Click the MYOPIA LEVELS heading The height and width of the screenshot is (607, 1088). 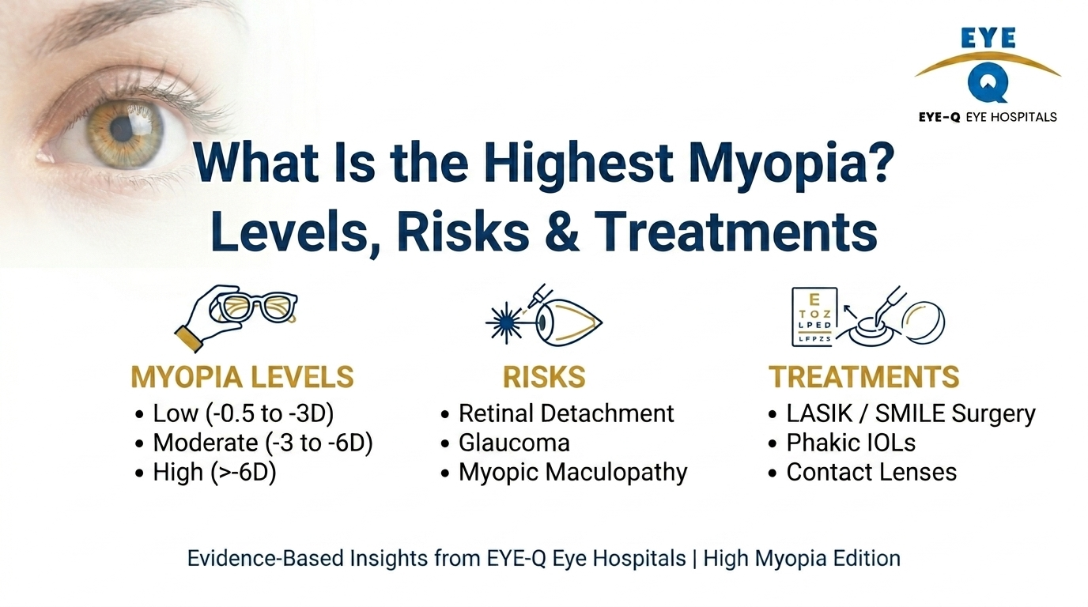coord(242,377)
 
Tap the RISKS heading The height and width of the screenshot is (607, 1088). coord(544,377)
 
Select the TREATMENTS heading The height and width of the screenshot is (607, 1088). coord(864,377)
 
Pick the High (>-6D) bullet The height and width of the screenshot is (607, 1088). coord(214,473)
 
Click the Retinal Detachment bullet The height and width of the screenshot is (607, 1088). coord(566,413)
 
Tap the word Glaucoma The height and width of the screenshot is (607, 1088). coord(514,443)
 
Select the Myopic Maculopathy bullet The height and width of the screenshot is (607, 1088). coord(572,473)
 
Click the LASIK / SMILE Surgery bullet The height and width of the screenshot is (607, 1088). coord(910,413)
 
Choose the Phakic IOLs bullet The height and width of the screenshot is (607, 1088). coord(851,443)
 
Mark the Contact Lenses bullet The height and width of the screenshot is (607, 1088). coord(871,473)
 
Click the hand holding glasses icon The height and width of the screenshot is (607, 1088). coord(236,317)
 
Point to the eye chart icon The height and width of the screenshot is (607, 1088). coord(814,317)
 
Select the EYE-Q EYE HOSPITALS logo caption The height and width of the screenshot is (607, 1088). coord(988,117)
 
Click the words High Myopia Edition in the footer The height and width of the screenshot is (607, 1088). coord(802,559)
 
